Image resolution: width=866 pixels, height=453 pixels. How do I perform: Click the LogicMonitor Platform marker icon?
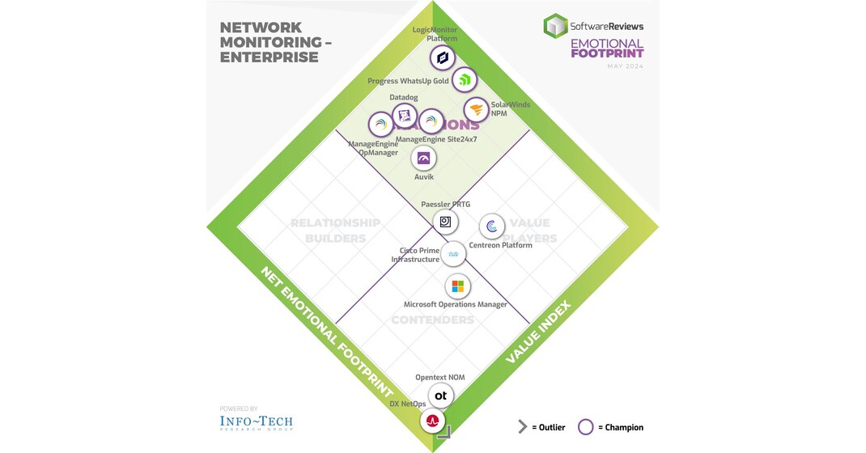(x=442, y=57)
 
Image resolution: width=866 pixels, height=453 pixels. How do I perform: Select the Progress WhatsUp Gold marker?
(x=464, y=79)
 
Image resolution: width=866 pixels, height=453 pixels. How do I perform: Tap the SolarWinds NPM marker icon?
(x=476, y=109)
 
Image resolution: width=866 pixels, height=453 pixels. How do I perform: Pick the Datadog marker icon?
(x=405, y=116)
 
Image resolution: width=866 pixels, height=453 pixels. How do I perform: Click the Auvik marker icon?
(x=423, y=159)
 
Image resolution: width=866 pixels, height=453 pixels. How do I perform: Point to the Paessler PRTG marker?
(x=445, y=221)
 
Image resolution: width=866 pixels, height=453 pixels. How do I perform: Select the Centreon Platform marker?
(x=492, y=226)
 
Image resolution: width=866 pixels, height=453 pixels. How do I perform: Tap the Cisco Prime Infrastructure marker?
(x=455, y=254)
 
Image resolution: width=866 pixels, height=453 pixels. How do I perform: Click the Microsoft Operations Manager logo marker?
(x=457, y=286)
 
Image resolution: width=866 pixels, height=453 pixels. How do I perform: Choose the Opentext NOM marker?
(x=440, y=396)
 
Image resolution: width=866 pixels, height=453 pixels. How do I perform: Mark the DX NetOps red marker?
(x=433, y=421)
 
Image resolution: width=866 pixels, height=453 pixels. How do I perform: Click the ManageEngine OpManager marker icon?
(x=380, y=124)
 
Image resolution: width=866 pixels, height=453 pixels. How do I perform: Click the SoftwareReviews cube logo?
(x=555, y=26)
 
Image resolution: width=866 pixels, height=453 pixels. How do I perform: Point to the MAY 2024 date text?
(x=625, y=66)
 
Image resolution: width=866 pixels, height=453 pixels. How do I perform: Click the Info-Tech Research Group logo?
(x=256, y=422)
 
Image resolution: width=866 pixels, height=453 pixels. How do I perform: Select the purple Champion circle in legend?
(x=586, y=427)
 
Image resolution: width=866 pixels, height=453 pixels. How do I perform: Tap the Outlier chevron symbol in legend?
(x=523, y=427)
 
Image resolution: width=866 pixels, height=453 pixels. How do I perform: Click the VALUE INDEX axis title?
(x=538, y=332)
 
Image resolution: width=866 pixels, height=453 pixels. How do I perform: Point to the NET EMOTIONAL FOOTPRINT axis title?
(x=326, y=332)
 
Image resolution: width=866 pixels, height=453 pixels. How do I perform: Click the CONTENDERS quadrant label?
(x=432, y=320)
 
